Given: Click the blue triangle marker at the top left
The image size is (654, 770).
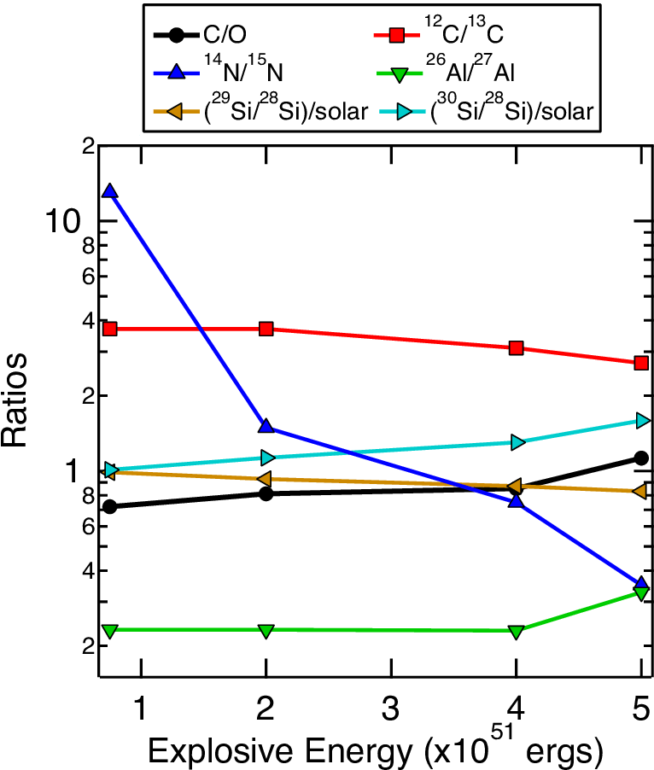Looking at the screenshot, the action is [110, 191].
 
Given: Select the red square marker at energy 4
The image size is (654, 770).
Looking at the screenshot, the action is [516, 348].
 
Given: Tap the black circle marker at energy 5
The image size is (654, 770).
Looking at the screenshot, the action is [640, 458].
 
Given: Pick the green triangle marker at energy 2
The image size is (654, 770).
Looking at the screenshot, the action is [266, 631].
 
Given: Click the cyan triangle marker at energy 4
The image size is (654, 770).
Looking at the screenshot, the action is [517, 442].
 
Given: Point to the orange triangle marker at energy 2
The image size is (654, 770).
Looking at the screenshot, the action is [266, 478].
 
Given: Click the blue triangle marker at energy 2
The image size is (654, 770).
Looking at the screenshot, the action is [266, 425].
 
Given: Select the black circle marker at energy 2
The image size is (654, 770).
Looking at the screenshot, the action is [266, 493].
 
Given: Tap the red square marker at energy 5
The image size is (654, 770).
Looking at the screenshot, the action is [640, 363].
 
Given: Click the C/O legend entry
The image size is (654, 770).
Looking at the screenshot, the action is [225, 34].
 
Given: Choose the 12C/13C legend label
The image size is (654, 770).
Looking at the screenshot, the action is [464, 30].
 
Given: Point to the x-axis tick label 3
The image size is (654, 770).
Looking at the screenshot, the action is [391, 709].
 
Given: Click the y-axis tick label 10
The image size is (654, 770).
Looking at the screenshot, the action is [62, 221].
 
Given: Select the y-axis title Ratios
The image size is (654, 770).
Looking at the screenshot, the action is [14, 400].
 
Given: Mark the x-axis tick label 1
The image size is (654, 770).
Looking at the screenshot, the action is [141, 709].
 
